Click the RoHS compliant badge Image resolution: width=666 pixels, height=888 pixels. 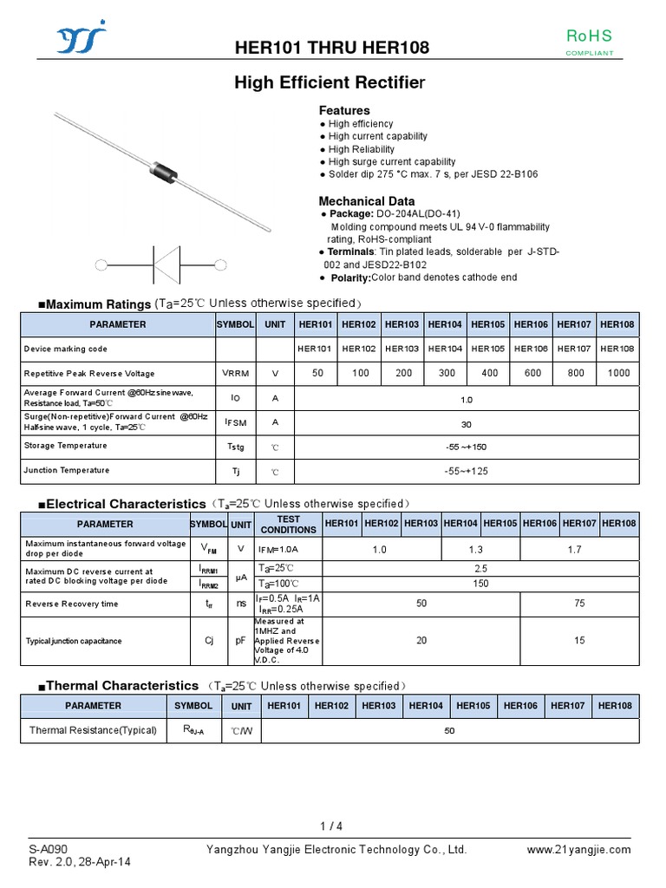(x=589, y=42)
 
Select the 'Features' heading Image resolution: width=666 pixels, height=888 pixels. (x=344, y=110)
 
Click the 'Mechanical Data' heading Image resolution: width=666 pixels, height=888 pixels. (x=367, y=201)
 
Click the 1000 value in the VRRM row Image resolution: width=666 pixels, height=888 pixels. (x=619, y=373)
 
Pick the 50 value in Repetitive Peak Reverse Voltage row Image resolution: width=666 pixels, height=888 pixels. (x=317, y=373)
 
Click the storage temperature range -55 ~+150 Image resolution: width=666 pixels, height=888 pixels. (x=467, y=447)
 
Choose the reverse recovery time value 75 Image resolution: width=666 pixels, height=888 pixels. (x=579, y=604)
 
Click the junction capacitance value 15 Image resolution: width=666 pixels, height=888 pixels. (x=579, y=641)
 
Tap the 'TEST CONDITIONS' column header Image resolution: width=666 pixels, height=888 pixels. (x=288, y=524)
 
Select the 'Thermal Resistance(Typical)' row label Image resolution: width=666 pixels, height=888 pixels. (x=93, y=730)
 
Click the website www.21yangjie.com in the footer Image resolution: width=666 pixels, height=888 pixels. (x=579, y=850)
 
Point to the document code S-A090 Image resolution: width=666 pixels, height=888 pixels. (x=49, y=849)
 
